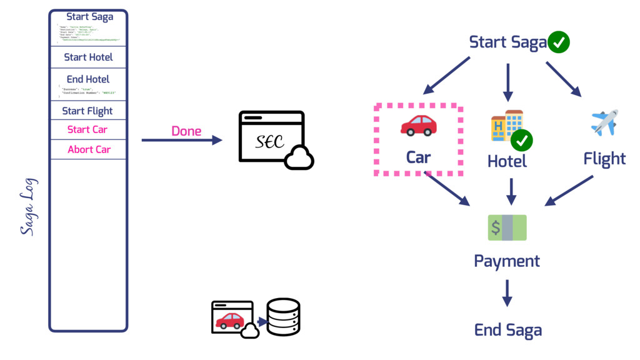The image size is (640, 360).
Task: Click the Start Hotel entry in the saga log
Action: (88, 57)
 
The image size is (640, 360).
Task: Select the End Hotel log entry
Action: (88, 79)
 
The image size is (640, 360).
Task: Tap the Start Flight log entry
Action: (87, 111)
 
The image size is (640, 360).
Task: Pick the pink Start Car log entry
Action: (87, 130)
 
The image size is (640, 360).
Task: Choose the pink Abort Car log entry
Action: (89, 149)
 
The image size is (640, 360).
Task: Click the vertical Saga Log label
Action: (28, 207)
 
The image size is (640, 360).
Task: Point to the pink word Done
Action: (186, 131)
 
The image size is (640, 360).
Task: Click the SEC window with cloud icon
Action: (275, 139)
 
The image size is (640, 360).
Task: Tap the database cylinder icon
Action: (283, 316)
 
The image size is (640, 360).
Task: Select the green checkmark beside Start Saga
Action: (558, 42)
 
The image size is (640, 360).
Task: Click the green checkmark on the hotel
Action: (521, 141)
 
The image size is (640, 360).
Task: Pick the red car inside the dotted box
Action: (418, 125)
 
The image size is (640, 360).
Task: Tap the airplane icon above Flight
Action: (604, 122)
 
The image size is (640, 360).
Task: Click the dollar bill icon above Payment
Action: (507, 227)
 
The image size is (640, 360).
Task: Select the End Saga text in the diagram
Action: (507, 330)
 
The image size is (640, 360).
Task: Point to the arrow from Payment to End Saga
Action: (507, 292)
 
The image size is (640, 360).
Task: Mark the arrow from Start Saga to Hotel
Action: (507, 81)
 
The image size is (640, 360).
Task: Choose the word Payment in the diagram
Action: (507, 260)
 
